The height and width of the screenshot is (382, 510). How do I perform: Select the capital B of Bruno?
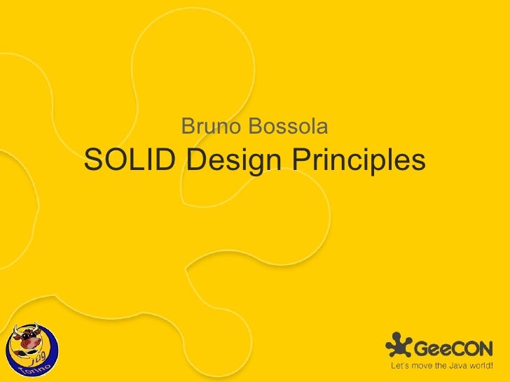coord(187,127)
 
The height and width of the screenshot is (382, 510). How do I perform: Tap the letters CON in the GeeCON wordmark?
coord(475,348)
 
